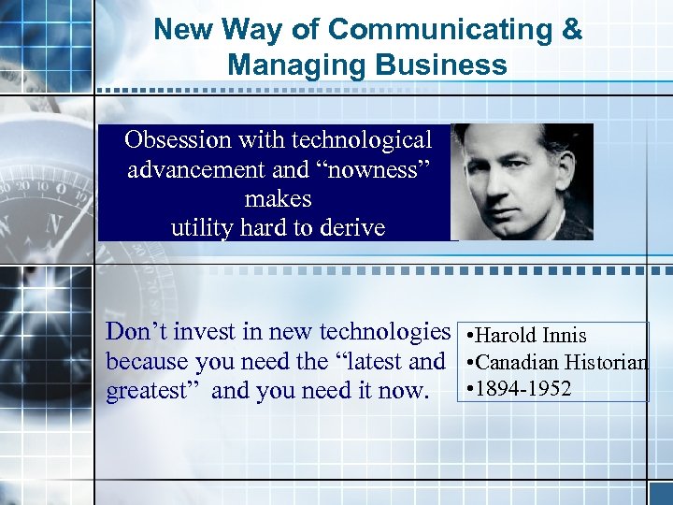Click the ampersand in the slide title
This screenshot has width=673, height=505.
coord(571,30)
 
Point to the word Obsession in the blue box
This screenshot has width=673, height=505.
coord(177,140)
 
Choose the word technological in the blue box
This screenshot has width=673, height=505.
coord(362,140)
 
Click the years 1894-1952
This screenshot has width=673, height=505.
coord(523,387)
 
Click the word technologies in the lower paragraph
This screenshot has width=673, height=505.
coord(384,332)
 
